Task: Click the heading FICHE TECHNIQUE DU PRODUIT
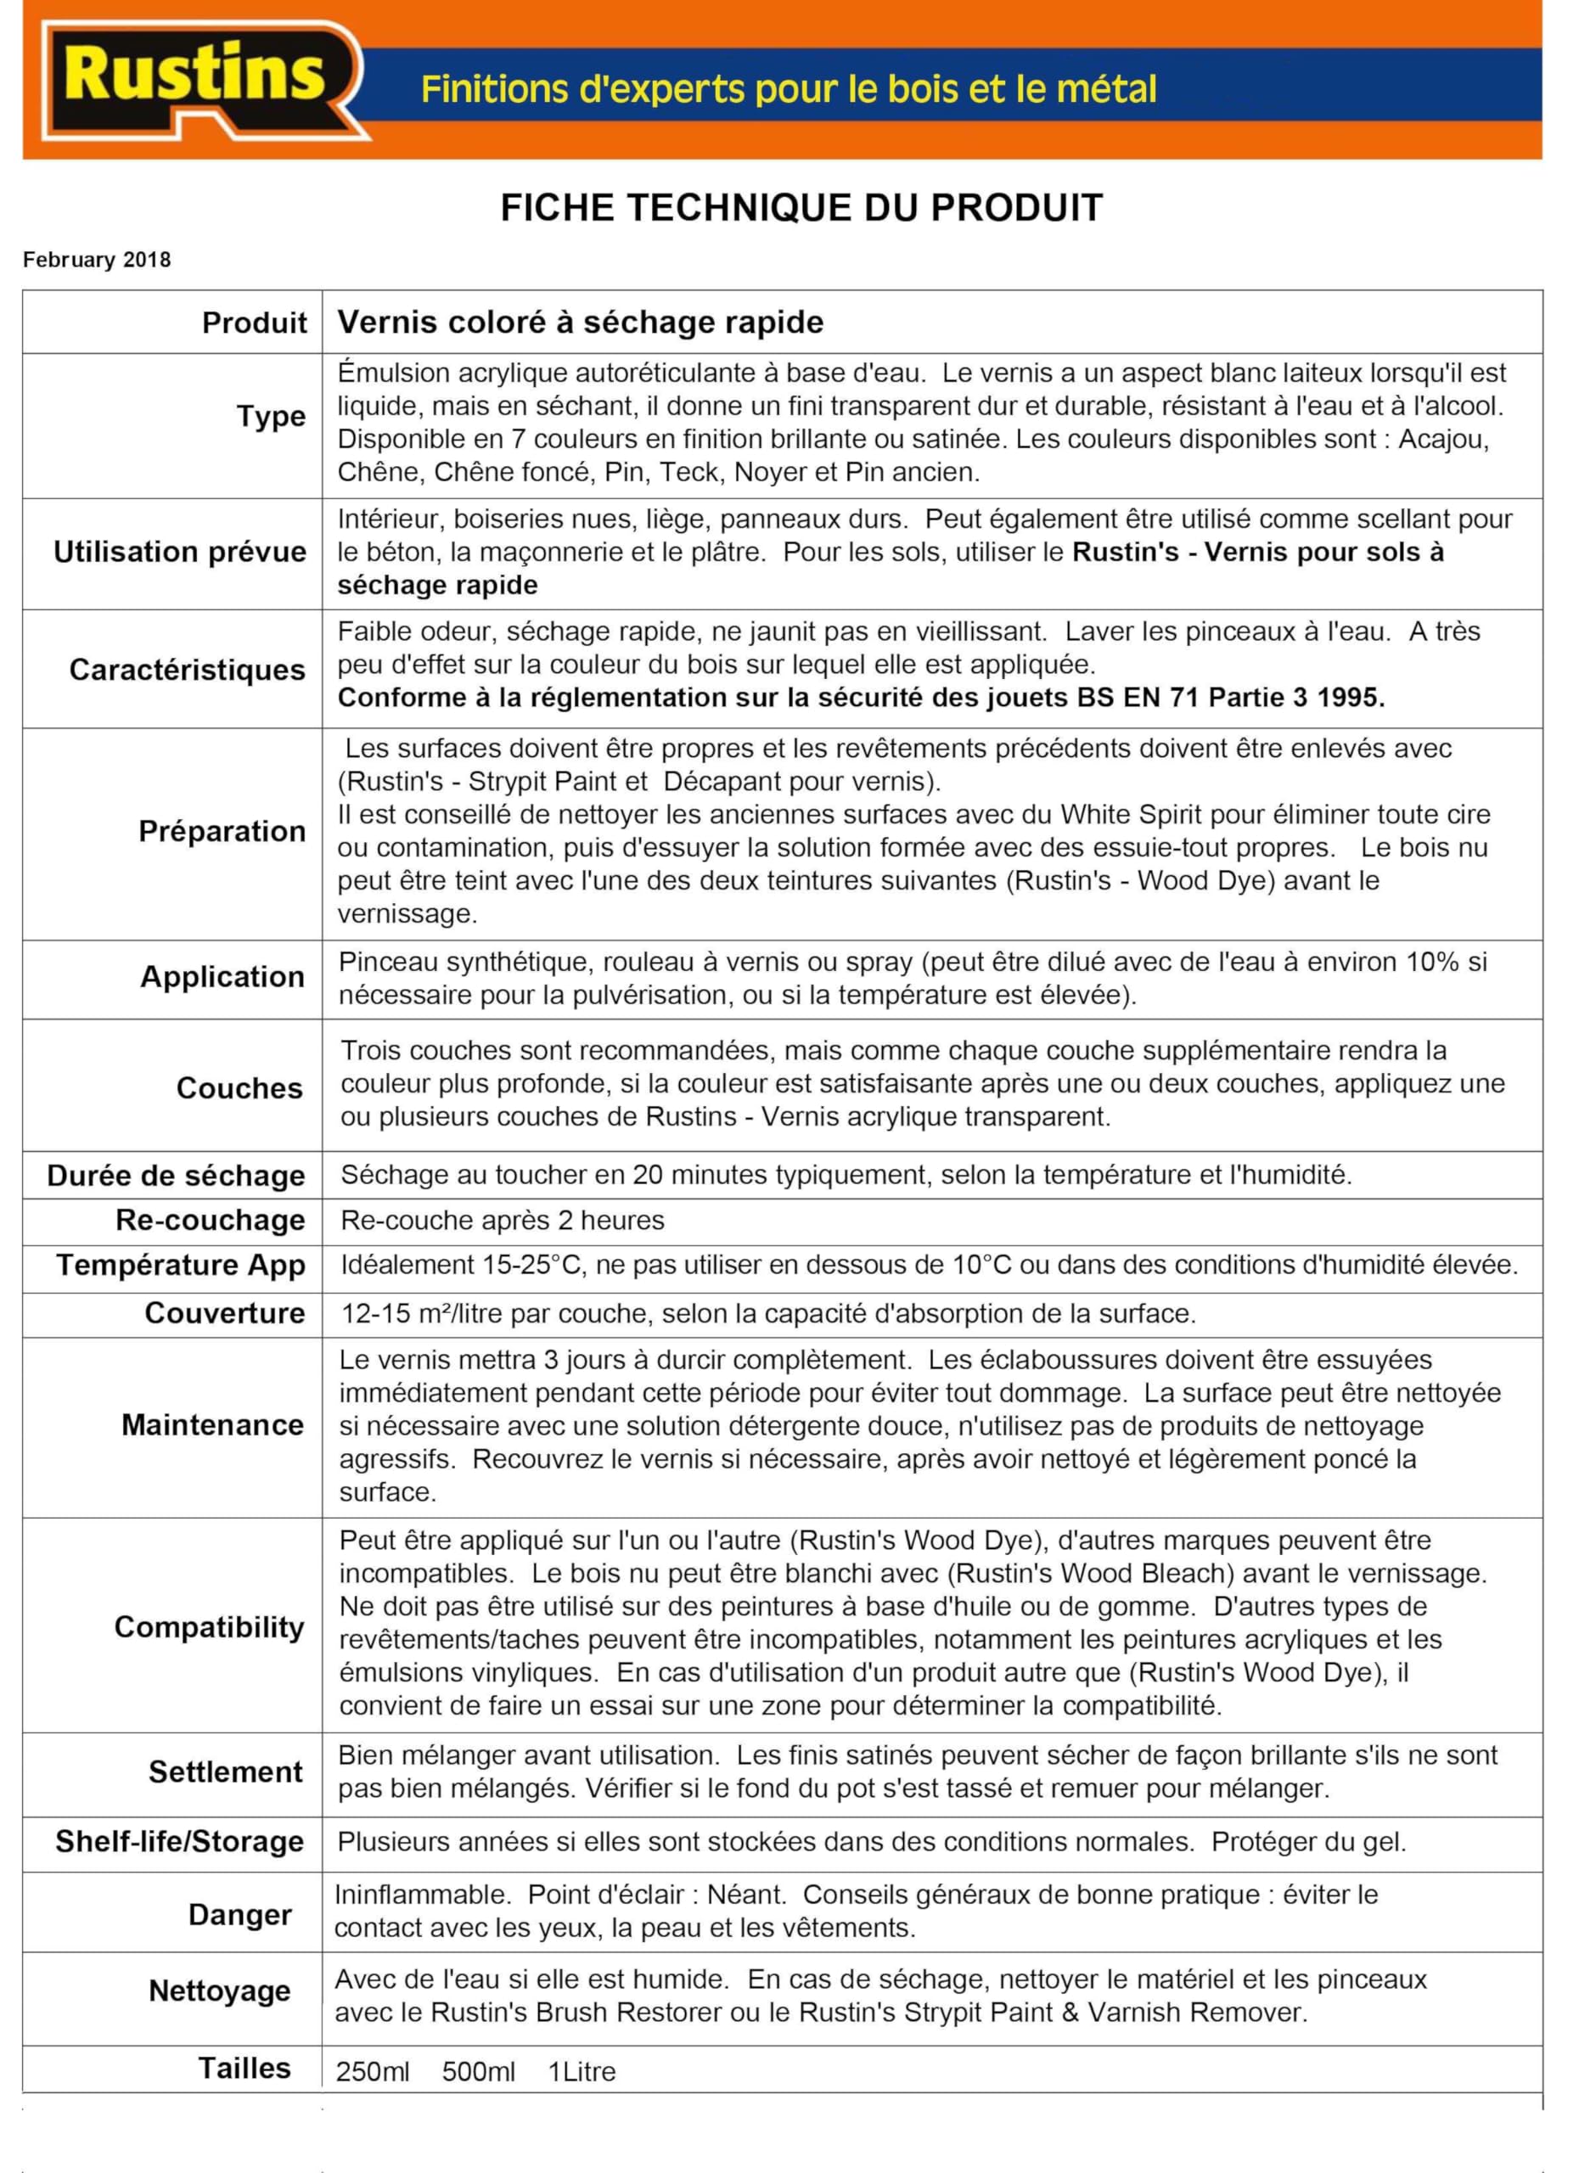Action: pyautogui.click(x=801, y=208)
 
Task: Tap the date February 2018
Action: pyautogui.click(x=97, y=260)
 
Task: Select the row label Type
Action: pyautogui.click(x=271, y=417)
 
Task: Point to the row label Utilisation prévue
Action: pyautogui.click(x=180, y=552)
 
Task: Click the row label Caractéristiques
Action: pyautogui.click(x=187, y=670)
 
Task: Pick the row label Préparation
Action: pyautogui.click(x=222, y=831)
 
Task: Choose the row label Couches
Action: pyautogui.click(x=239, y=1088)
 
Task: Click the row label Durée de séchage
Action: pyautogui.click(x=176, y=1176)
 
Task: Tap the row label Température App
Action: pyautogui.click(x=180, y=1265)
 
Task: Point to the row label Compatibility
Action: pyautogui.click(x=209, y=1627)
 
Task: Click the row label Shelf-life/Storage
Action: pyautogui.click(x=179, y=1840)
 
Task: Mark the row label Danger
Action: pyautogui.click(x=239, y=1914)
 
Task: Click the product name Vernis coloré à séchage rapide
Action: pyautogui.click(x=580, y=322)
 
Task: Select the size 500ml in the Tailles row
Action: pyautogui.click(x=478, y=2071)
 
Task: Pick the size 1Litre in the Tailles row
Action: pyautogui.click(x=582, y=2071)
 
